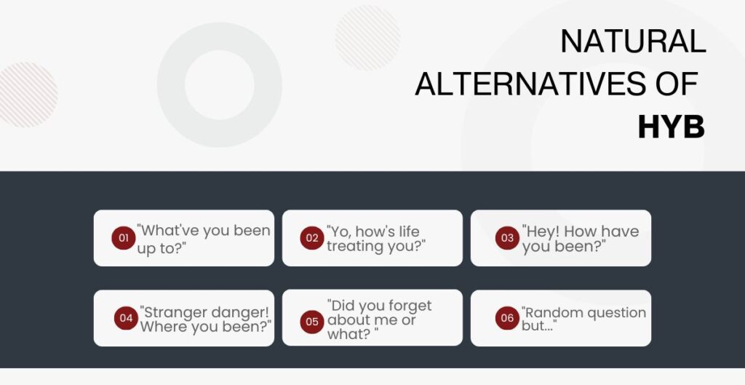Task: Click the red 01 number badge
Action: coord(124,238)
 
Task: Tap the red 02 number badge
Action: coord(312,238)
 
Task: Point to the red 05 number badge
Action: coord(312,321)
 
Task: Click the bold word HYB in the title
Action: coord(671,128)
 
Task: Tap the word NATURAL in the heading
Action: coord(633,42)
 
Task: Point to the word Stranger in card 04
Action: coord(173,312)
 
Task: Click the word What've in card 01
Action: coord(168,231)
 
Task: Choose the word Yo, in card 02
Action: coord(339,231)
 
